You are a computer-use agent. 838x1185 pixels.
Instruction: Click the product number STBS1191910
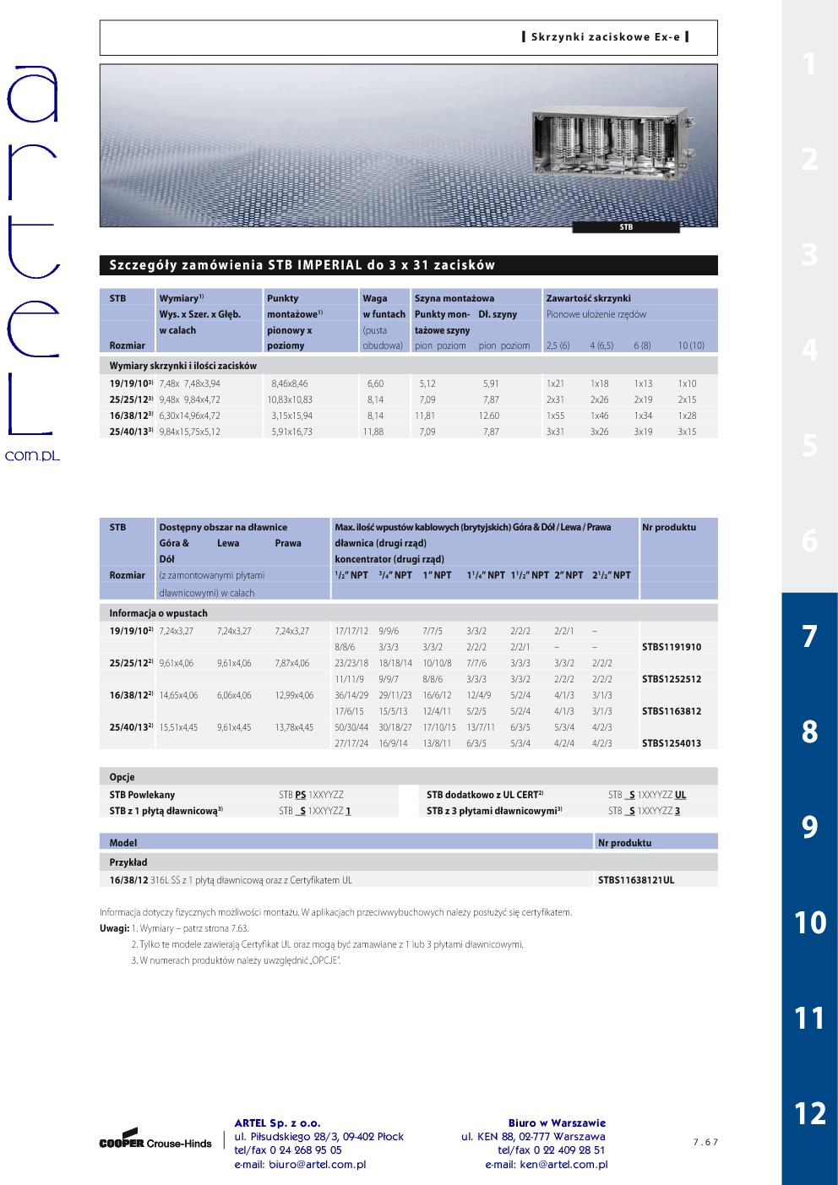(x=671, y=647)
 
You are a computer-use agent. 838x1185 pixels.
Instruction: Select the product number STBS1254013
(x=671, y=743)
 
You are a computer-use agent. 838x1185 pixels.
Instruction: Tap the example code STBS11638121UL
(x=635, y=880)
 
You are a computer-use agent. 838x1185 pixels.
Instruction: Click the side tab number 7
(x=809, y=636)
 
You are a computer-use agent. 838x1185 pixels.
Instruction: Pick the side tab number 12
(x=809, y=1113)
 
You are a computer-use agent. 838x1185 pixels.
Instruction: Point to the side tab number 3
(x=809, y=254)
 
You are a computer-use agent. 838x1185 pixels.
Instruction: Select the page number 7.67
(x=705, y=1142)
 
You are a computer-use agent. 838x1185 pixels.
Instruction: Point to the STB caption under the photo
(x=626, y=227)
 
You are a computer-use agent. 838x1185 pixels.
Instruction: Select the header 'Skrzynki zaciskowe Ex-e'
(x=605, y=37)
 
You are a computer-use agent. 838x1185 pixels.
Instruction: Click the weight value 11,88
(x=373, y=432)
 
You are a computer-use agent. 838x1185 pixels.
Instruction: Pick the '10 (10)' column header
(x=690, y=345)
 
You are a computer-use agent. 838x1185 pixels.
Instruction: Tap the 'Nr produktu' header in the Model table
(x=624, y=843)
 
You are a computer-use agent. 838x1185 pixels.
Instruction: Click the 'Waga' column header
(x=375, y=298)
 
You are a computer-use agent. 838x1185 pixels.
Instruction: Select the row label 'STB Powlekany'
(x=142, y=795)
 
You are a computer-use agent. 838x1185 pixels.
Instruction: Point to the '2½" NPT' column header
(x=611, y=575)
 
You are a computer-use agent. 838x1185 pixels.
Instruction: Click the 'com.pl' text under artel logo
(x=33, y=455)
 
